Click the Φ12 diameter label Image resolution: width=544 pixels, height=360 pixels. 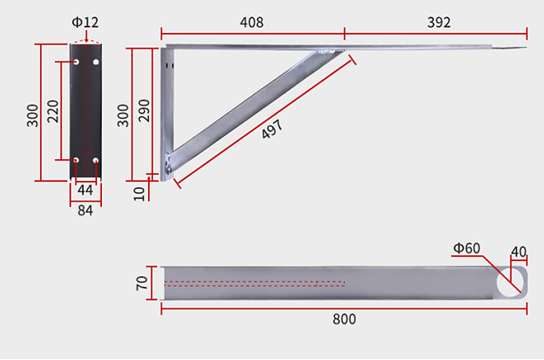[x=85, y=23]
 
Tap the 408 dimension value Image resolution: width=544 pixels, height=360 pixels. [x=252, y=23]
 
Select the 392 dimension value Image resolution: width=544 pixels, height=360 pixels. [x=439, y=23]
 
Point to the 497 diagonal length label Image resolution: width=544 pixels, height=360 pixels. [x=273, y=129]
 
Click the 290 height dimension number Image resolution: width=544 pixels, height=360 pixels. [x=144, y=111]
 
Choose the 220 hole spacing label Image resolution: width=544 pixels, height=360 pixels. [x=53, y=111]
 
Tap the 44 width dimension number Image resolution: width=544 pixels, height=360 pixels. [x=85, y=190]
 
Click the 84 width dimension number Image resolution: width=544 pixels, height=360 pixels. [x=85, y=211]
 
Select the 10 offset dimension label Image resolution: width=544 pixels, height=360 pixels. [x=139, y=194]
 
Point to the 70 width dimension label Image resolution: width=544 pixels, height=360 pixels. [x=142, y=284]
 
